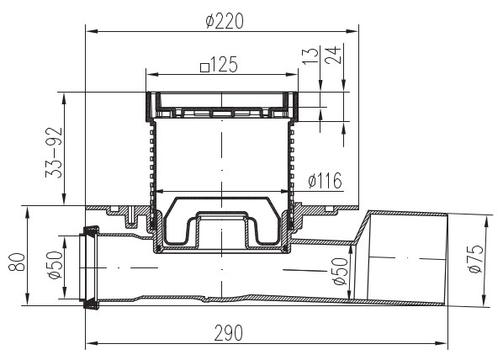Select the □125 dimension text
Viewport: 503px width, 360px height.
pyautogui.click(x=220, y=64)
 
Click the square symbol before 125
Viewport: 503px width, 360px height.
pyautogui.click(x=204, y=65)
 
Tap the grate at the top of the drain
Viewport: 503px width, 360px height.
pyautogui.click(x=223, y=108)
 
